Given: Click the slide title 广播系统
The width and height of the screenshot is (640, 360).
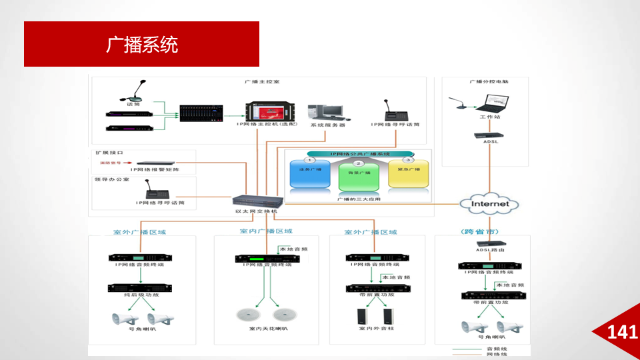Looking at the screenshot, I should pos(142,45).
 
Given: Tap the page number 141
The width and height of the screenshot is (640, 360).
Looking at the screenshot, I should pos(623,332).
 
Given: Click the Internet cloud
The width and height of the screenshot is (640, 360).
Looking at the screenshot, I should pos(490,204).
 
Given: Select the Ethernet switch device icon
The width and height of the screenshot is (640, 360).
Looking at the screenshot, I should pos(259,201).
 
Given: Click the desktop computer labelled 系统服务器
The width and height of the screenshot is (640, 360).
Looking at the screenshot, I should pos(326,111).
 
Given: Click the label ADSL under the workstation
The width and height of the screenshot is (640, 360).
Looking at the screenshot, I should pos(490,142).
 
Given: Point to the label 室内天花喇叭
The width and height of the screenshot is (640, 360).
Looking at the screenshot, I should pos(268,329).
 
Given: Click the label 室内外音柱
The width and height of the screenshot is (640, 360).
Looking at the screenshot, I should pos(377,329).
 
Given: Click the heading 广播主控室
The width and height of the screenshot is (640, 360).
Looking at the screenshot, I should pos(261,82).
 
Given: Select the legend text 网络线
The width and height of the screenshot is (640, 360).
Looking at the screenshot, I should pos(495,355).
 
